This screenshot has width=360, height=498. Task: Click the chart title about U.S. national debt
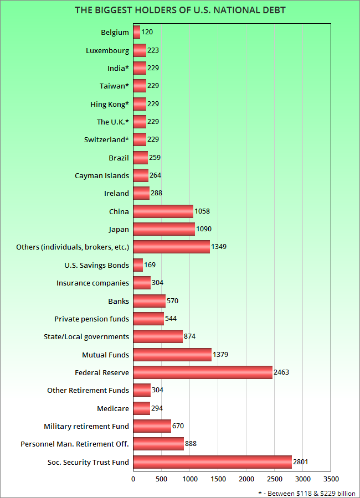tap(180, 10)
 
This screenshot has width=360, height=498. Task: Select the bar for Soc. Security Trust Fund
tap(212, 462)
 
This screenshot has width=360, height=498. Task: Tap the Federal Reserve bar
tap(203, 372)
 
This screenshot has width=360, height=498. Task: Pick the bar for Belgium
tap(137, 32)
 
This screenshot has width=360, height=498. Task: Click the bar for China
tap(163, 211)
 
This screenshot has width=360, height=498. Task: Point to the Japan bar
tap(164, 229)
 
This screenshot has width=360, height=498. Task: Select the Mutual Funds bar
tap(172, 355)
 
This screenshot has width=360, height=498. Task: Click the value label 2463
tap(281, 372)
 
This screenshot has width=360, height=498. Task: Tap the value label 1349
tap(219, 247)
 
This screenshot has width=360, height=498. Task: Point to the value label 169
tap(150, 265)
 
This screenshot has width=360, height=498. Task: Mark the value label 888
tap(191, 444)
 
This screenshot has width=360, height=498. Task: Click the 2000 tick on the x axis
tap(246, 479)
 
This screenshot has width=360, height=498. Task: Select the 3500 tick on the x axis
tap(331, 479)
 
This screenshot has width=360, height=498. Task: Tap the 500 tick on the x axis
tap(161, 479)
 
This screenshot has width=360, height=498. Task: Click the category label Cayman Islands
tap(102, 175)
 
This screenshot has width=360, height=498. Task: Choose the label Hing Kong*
tap(110, 104)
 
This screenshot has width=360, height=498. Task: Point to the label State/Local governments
tap(86, 336)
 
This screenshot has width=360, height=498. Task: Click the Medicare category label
tap(113, 408)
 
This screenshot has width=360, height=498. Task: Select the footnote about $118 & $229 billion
tap(307, 492)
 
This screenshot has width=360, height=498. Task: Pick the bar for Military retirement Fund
tap(152, 426)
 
